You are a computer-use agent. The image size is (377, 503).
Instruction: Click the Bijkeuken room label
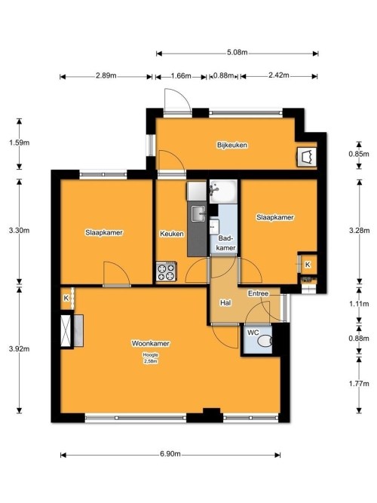pyautogui.click(x=231, y=145)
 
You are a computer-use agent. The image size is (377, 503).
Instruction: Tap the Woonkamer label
pyautogui.click(x=150, y=343)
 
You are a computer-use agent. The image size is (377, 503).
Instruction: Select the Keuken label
pyautogui.click(x=172, y=234)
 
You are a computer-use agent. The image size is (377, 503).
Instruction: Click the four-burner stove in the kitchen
pyautogui.click(x=166, y=271)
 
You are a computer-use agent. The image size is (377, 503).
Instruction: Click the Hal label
pyautogui.click(x=225, y=302)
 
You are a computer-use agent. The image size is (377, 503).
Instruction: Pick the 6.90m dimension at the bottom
pyautogui.click(x=170, y=455)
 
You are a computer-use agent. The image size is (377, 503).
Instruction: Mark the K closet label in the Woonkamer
pyautogui.click(x=66, y=299)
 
